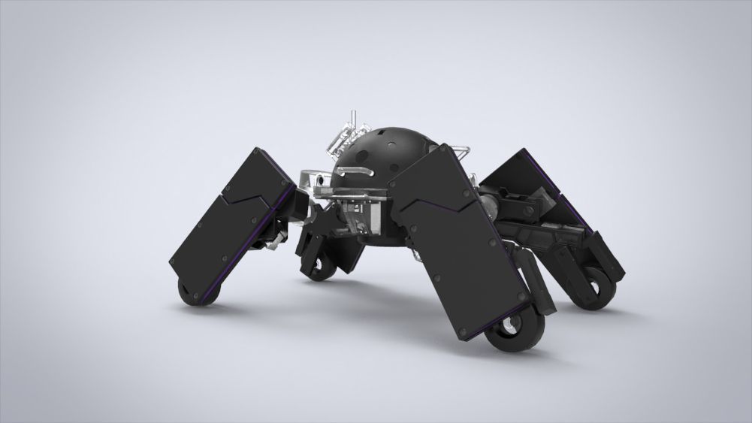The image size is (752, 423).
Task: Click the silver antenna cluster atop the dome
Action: [x=344, y=135]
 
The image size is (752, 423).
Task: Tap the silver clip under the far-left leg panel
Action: [x=270, y=240]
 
